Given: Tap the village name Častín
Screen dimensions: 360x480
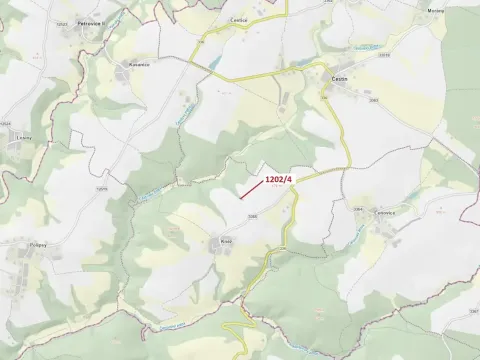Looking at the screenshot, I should (339, 76).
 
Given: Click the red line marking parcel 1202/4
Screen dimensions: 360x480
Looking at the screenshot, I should (251, 191).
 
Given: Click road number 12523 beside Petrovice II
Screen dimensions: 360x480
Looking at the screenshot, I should (63, 23).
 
